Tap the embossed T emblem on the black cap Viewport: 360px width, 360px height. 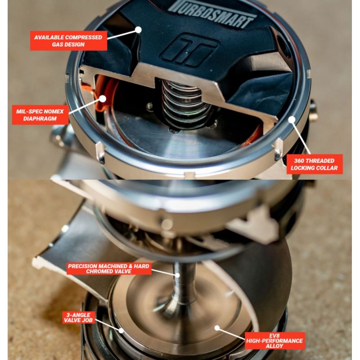pyautogui.click(x=189, y=50)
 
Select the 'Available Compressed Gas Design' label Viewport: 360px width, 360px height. pyautogui.click(x=68, y=40)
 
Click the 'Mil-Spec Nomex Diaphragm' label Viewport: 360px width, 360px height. pyautogui.click(x=40, y=115)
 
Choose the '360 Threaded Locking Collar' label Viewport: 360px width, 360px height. pyautogui.click(x=314, y=164)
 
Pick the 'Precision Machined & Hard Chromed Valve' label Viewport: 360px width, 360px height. pyautogui.click(x=109, y=269)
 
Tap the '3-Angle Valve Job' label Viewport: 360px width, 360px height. pyautogui.click(x=78, y=318)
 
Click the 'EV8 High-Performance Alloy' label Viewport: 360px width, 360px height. pyautogui.click(x=274, y=341)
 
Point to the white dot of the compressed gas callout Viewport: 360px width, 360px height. pyautogui.click(x=138, y=30)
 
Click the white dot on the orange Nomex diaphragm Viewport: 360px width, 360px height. pyautogui.click(x=103, y=99)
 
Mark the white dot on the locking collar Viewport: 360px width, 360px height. pyautogui.click(x=292, y=119)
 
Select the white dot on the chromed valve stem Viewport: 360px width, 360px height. pyautogui.click(x=177, y=275)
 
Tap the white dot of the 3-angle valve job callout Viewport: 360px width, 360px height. pyautogui.click(x=121, y=330)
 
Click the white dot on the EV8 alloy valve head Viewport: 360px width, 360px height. pyautogui.click(x=217, y=328)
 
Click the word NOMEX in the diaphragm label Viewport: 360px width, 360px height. pyautogui.click(x=54, y=112)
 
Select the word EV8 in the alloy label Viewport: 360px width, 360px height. pyautogui.click(x=274, y=336)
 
